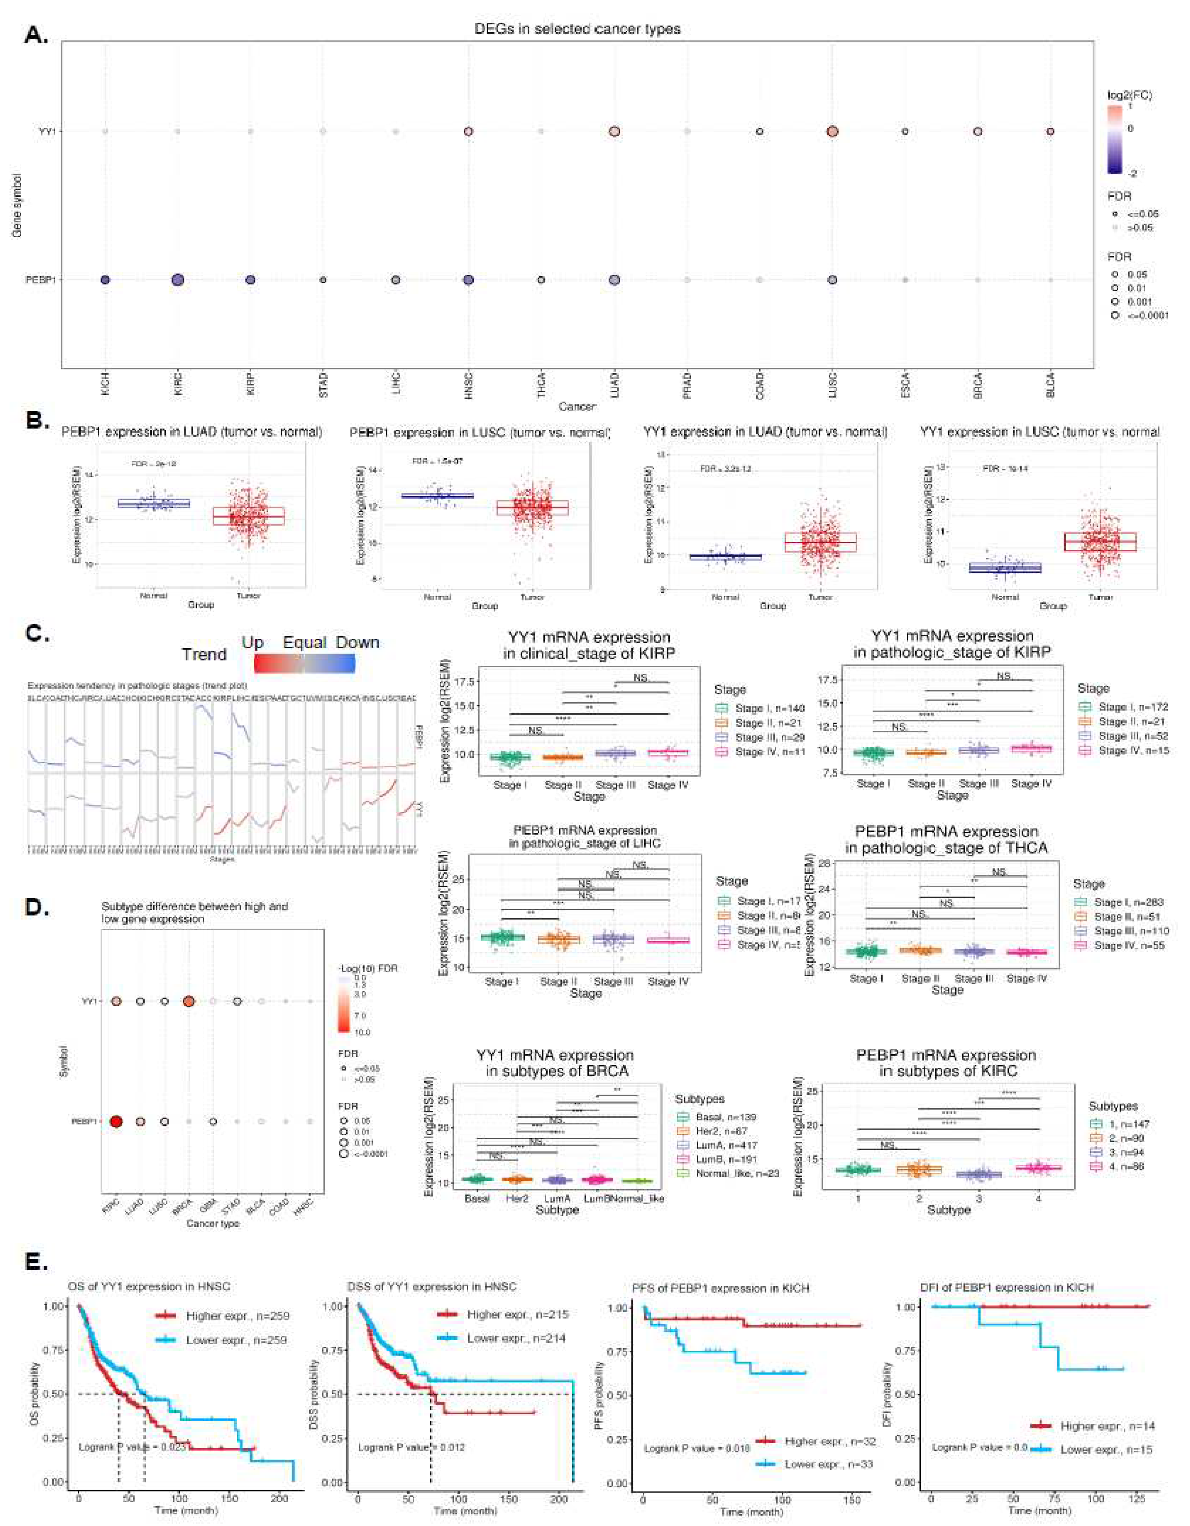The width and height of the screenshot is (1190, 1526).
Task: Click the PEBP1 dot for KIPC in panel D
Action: (x=116, y=1122)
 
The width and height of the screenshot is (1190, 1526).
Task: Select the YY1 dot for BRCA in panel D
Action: (x=189, y=1001)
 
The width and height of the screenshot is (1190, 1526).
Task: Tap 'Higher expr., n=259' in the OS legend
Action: (x=238, y=1316)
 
